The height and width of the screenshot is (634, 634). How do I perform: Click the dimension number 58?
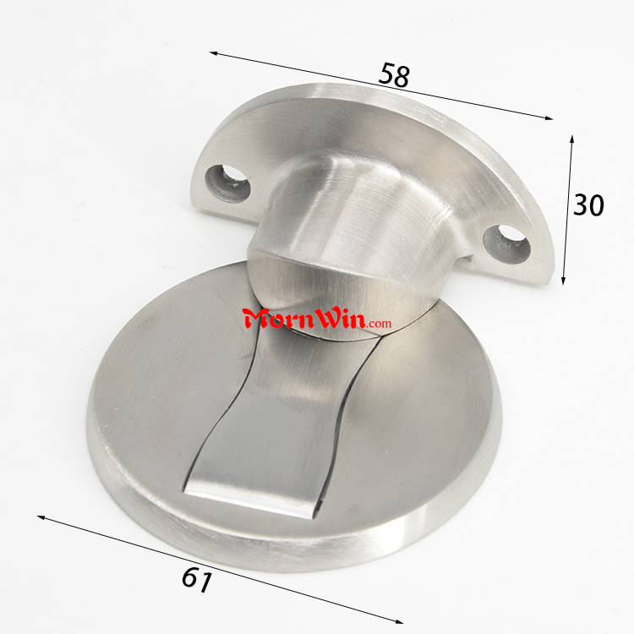click(394, 75)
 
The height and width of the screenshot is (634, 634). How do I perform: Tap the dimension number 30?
click(588, 205)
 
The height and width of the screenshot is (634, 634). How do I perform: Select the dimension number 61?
click(197, 579)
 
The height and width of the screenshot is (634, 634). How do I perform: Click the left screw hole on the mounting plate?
click(227, 182)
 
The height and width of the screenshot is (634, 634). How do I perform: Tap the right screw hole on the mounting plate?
click(506, 243)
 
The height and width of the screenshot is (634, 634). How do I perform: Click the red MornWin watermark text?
click(305, 319)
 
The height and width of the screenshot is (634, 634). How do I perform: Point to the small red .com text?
click(380, 324)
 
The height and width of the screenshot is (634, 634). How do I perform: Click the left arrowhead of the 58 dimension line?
click(215, 53)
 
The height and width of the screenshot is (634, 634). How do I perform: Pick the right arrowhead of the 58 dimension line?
click(549, 118)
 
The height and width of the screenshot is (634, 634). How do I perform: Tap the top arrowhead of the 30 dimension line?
click(571, 139)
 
